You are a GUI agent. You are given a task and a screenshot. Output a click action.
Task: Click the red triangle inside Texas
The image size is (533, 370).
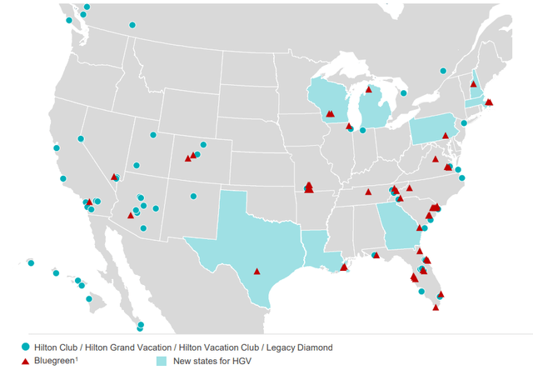[257, 271]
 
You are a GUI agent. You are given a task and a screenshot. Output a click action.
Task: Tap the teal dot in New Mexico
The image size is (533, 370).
[193, 197]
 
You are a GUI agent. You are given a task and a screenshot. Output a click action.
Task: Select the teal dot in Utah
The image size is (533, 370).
[153, 135]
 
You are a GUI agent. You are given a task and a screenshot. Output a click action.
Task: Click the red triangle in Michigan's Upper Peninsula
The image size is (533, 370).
[368, 88]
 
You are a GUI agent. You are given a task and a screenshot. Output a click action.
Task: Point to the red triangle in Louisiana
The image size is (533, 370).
[343, 267]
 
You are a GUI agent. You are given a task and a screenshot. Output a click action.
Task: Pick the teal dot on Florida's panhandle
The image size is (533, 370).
[376, 255]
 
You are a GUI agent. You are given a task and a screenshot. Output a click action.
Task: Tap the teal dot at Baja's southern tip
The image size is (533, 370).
[140, 326]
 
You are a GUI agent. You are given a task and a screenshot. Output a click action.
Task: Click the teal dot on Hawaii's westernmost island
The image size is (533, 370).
[31, 263]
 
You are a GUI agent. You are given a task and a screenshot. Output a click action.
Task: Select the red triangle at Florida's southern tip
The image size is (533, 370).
[436, 307]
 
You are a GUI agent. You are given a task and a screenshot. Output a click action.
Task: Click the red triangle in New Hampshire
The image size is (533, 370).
[473, 84]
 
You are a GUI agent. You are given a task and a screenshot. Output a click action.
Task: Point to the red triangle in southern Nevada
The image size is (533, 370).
[113, 176]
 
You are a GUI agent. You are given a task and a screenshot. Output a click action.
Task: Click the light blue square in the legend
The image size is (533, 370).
[162, 360]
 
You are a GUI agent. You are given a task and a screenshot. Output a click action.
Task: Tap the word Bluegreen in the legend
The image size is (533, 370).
[56, 360]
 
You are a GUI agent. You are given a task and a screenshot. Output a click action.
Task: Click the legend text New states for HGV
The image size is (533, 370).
[212, 360]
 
